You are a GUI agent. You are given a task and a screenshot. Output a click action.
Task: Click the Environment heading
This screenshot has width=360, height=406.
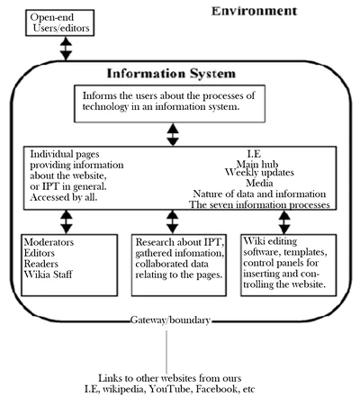[x=255, y=11]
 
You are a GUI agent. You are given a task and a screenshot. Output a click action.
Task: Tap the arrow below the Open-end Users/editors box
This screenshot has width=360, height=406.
[x=65, y=49]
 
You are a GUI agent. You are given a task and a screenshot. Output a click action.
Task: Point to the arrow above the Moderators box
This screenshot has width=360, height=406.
[x=65, y=221]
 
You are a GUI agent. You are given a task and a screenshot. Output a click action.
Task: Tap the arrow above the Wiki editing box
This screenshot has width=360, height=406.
[x=285, y=221]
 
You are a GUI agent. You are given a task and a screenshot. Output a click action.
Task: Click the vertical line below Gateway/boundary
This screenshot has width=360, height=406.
[x=167, y=346]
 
